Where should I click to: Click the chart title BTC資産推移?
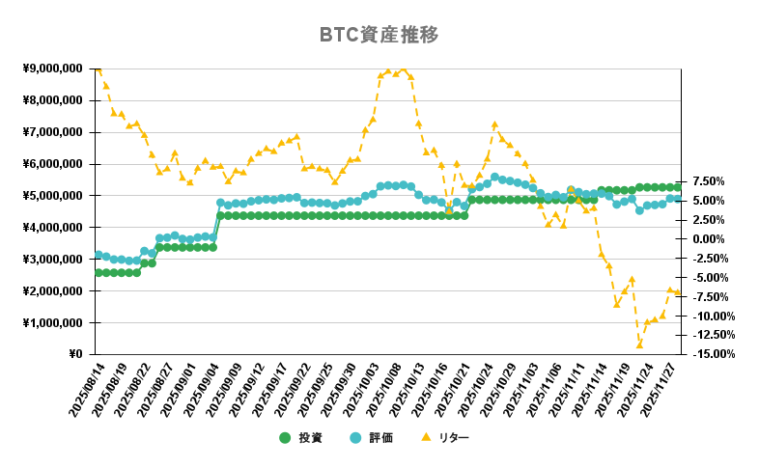(x=379, y=36)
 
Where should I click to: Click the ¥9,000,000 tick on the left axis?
(x=52, y=69)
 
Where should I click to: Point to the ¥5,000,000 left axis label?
(x=52, y=196)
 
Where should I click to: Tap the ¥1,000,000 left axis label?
(x=52, y=322)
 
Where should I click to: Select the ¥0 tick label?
(x=76, y=354)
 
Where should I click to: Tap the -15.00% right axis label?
(x=713, y=354)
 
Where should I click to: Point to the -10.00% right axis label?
(x=713, y=316)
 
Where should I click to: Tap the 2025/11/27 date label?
(x=662, y=390)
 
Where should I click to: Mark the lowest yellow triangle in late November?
(x=639, y=344)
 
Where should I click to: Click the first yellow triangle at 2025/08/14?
(x=98, y=69)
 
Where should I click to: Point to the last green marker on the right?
(x=678, y=187)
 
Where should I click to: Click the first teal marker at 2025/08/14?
(x=98, y=255)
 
